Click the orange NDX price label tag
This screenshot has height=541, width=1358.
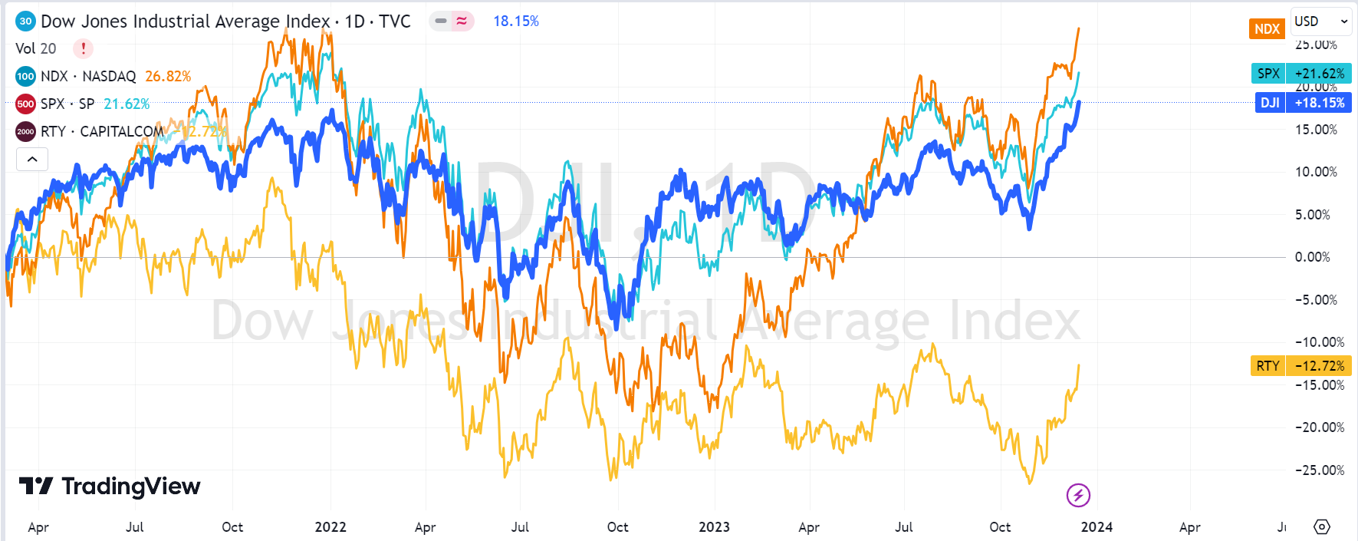point(1267,29)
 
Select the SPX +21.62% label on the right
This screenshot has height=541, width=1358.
point(1300,74)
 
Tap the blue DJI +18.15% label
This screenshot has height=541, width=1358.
point(1303,103)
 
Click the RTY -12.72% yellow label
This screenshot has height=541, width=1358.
point(1300,366)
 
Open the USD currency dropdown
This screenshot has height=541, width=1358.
point(1320,21)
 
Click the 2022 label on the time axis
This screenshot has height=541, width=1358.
point(330,527)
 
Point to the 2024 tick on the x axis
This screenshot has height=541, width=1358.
point(1097,527)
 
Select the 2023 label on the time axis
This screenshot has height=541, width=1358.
point(714,527)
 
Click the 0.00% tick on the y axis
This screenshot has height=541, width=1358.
point(1312,257)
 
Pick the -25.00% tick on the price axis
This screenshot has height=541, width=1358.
point(1319,470)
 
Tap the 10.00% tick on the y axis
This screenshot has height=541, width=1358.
point(1316,172)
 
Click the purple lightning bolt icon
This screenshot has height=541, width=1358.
point(1078,496)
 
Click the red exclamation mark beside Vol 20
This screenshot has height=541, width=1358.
point(83,48)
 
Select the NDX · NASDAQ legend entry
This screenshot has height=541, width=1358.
point(87,76)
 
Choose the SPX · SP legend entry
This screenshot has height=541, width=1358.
point(67,104)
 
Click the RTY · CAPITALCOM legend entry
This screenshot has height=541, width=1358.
point(101,131)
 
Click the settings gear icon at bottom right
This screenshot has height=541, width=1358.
point(1322,527)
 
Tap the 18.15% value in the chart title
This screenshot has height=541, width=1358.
point(515,21)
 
